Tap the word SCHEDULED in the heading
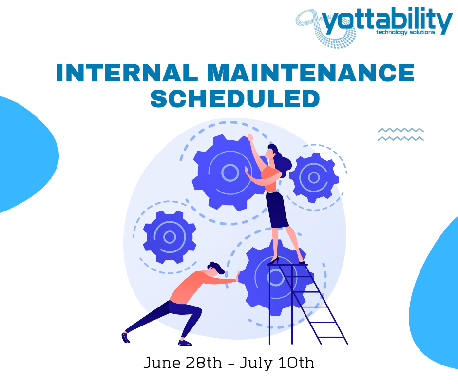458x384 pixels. point(235,98)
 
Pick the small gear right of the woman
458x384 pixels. point(314,177)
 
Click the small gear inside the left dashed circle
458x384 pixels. point(170,237)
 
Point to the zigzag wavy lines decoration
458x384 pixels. point(401,134)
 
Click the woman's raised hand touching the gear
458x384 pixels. point(250,138)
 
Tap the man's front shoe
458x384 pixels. point(185,343)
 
